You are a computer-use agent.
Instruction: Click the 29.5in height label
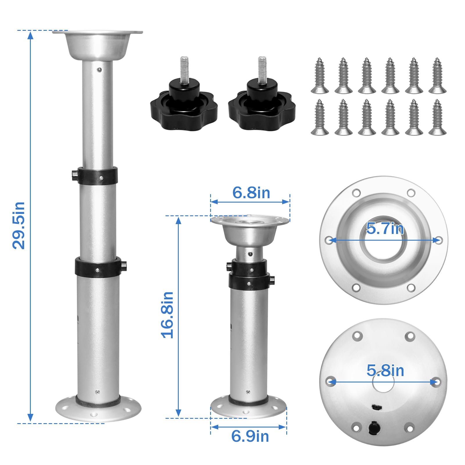click(19, 225)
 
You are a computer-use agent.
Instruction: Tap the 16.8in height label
click(167, 315)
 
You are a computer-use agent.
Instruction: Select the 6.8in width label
click(251, 193)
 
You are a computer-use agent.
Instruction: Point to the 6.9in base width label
click(250, 436)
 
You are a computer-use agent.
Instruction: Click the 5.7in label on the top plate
click(385, 228)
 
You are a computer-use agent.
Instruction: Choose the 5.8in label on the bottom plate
click(385, 371)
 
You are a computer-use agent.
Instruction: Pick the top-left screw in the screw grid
click(320, 76)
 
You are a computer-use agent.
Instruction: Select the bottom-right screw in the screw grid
click(437, 117)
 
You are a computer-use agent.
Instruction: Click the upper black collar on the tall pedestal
click(97, 176)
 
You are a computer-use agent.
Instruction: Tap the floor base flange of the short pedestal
click(248, 408)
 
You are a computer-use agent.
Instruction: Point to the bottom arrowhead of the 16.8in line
click(179, 413)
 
